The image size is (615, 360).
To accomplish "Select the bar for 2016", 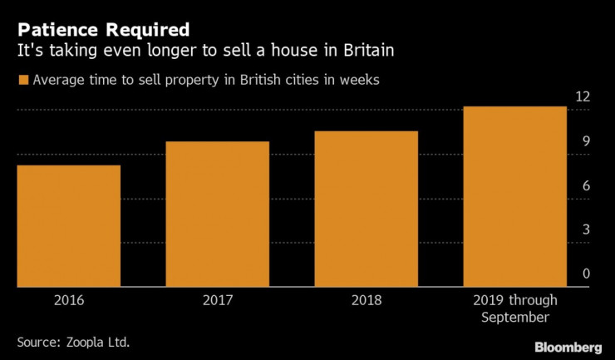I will (68, 225).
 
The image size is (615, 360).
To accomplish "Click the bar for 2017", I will (218, 214).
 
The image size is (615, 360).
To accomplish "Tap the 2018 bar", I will (367, 209).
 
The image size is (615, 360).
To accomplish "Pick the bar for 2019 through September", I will (515, 196).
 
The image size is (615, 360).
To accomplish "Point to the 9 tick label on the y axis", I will (585, 141).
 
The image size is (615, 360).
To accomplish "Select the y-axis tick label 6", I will (585, 185).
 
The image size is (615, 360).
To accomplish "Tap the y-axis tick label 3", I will (585, 229).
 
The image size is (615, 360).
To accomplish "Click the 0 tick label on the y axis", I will (585, 274).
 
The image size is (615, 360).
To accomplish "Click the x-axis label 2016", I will (68, 299).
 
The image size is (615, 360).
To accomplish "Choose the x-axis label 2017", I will (218, 299).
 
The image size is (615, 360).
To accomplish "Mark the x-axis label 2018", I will (367, 299).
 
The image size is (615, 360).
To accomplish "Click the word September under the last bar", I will (515, 317).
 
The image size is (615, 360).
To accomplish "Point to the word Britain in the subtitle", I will (357, 52).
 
